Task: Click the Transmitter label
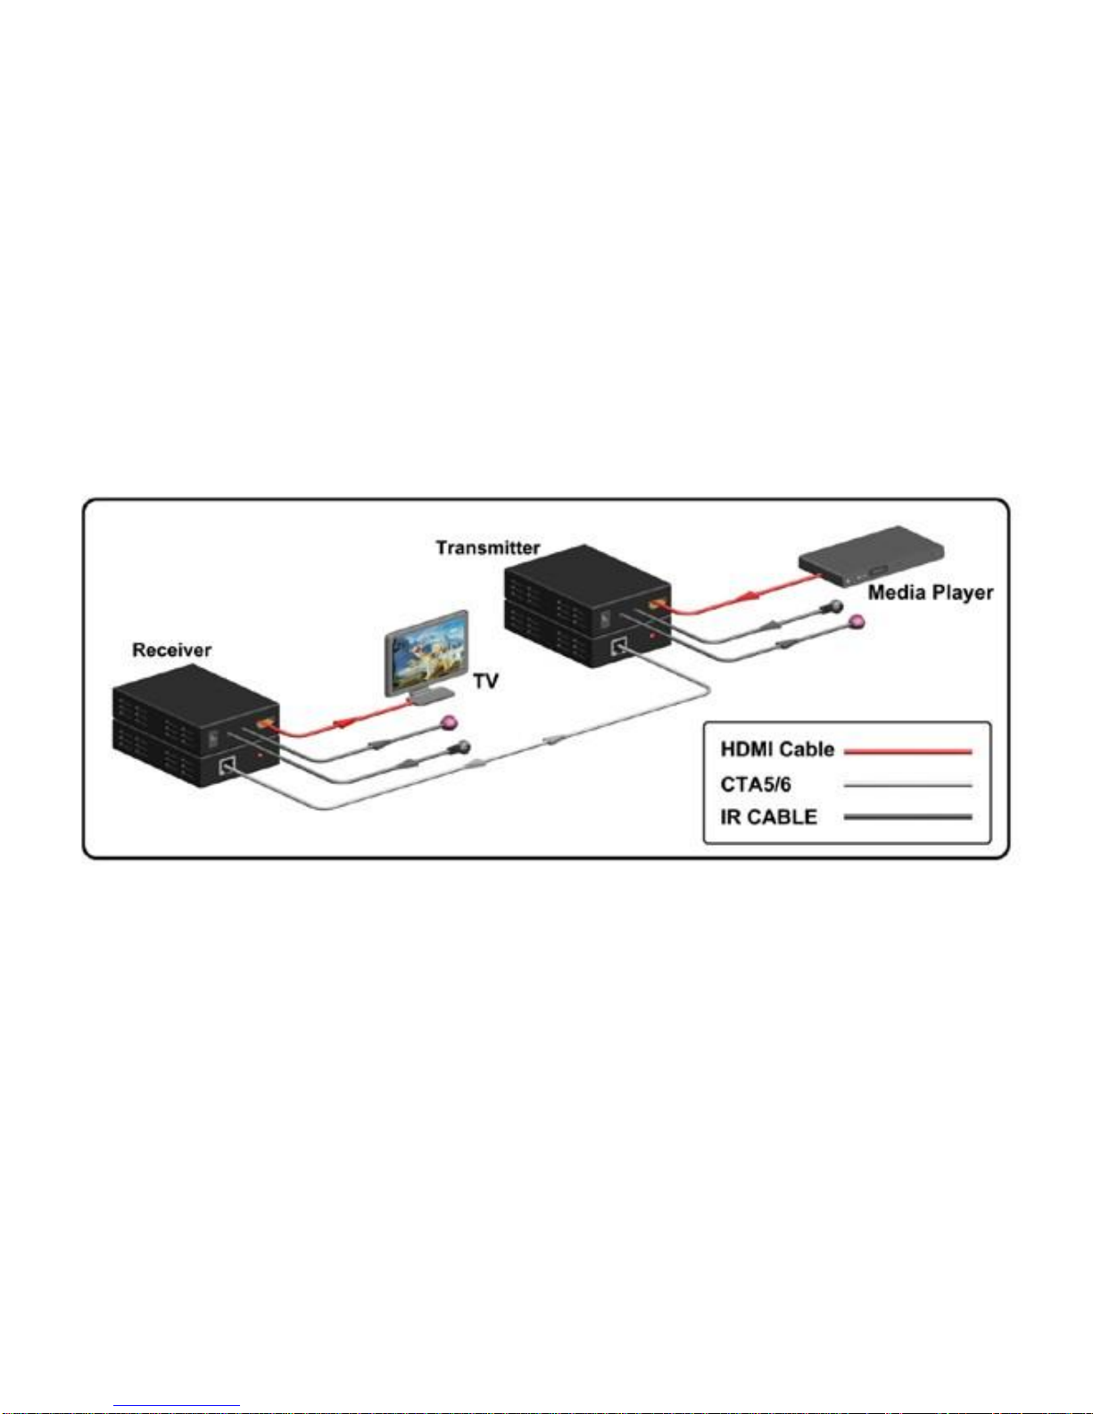tap(488, 548)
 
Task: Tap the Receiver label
tap(171, 650)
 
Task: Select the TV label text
tap(485, 682)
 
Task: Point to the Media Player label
tap(931, 592)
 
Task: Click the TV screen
tap(427, 653)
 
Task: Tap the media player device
tap(871, 555)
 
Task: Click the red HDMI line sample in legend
tap(907, 751)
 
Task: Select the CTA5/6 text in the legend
tap(756, 785)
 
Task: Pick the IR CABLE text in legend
tap(768, 817)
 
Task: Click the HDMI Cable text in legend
tap(777, 749)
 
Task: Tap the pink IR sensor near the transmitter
tap(857, 623)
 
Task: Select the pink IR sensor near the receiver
tap(449, 723)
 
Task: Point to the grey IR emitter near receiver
tap(461, 748)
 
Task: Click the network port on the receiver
tap(227, 765)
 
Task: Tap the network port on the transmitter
tap(618, 646)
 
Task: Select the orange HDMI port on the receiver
tap(266, 725)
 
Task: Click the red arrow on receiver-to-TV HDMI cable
tap(343, 723)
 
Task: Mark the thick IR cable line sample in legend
tap(907, 817)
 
